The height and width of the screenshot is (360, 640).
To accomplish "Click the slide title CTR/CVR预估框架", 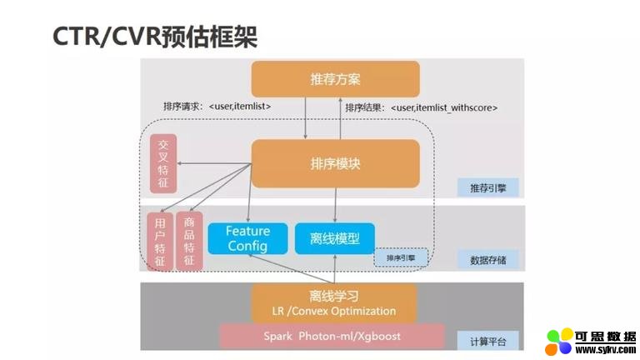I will pos(155,36).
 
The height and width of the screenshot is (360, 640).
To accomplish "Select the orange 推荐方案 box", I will pos(335,79).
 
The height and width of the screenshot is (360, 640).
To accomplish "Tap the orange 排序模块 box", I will pos(335,163).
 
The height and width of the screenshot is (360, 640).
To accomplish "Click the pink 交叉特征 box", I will pos(162,162).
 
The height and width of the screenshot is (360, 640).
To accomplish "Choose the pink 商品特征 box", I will pos(189,242).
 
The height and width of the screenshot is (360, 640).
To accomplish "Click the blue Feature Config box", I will pos(247,238).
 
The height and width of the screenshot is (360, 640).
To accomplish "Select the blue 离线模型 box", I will pos(335,238).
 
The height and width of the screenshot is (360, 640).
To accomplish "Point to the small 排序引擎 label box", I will pos(400,259).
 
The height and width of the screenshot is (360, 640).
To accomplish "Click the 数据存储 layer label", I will pos(487,260).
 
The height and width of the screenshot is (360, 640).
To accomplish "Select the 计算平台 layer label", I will pos(487,341).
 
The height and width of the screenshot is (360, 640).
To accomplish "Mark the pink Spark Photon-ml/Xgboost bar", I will pos(332,336).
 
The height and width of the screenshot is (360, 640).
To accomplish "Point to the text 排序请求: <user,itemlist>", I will pos(217,107).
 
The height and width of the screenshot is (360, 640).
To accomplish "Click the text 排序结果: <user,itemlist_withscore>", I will pos(421,107).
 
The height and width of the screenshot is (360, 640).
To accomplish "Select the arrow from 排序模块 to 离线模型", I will pos(335,205).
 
